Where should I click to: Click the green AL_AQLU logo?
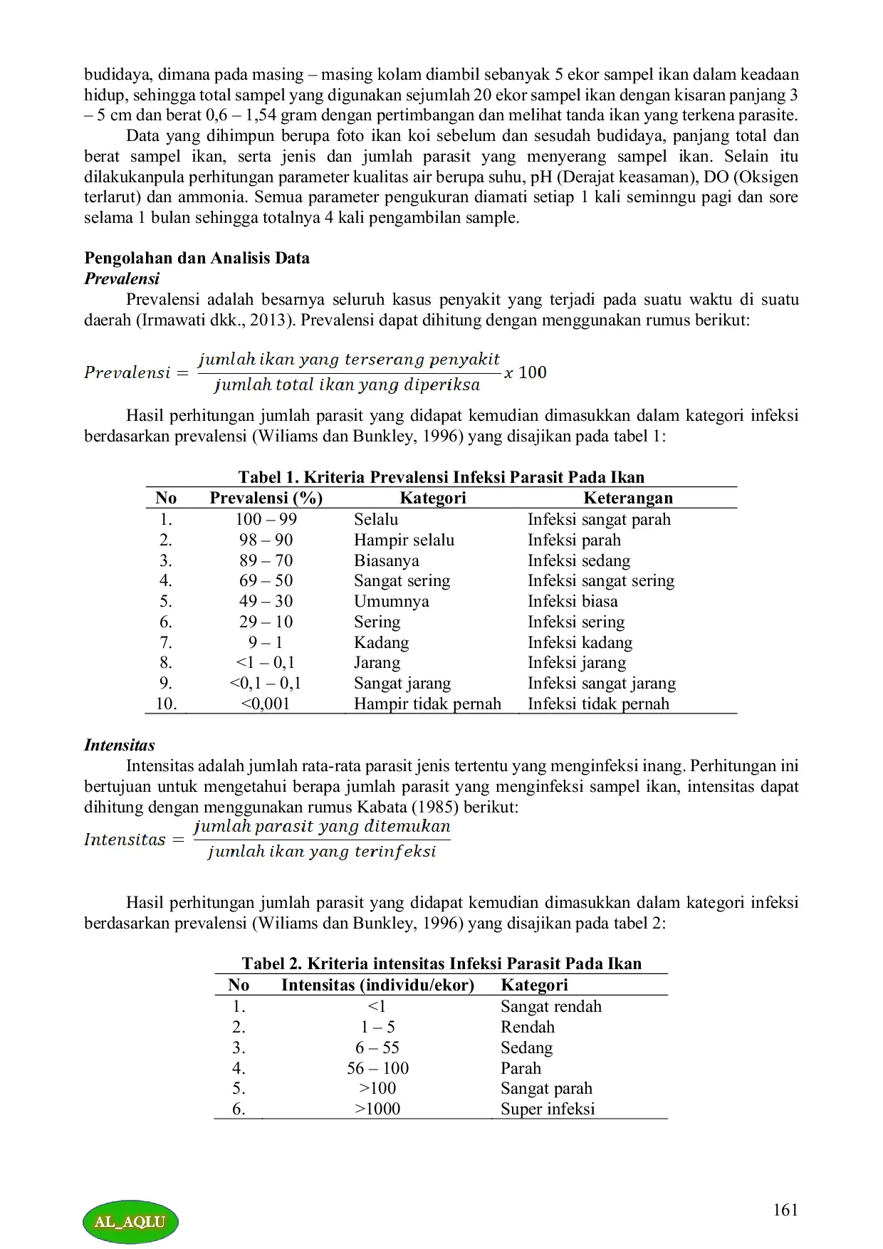click(x=130, y=1221)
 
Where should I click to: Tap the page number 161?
click(x=785, y=1210)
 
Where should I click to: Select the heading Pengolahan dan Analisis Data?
click(x=197, y=258)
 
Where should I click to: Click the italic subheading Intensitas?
click(x=119, y=746)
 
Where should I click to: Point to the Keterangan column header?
click(x=627, y=498)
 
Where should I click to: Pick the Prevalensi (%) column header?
click(x=266, y=498)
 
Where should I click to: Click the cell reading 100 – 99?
click(x=266, y=519)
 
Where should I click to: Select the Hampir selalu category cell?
click(x=404, y=540)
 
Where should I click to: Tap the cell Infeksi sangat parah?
click(x=599, y=519)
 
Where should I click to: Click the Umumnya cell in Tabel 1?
click(x=391, y=601)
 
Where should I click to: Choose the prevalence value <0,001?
click(x=266, y=704)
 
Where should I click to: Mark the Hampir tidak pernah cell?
click(x=427, y=704)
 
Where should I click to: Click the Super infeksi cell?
click(x=547, y=1109)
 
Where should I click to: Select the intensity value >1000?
click(x=377, y=1109)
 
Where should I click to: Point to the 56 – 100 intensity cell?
click(x=377, y=1068)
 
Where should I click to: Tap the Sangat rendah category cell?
click(x=550, y=1006)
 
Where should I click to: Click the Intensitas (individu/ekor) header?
click(x=377, y=985)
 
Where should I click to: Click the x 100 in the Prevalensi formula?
click(x=526, y=372)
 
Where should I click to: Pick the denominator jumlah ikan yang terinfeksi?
click(x=322, y=852)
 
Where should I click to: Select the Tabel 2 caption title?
click(x=441, y=963)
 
